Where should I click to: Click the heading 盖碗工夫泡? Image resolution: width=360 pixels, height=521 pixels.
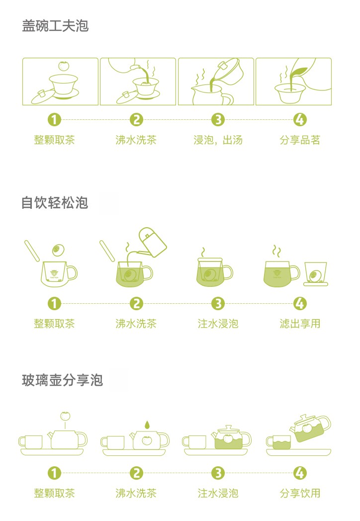coord(55,26)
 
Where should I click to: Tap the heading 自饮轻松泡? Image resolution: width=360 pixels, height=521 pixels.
coord(55,203)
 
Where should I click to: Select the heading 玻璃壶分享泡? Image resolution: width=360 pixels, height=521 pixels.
coord(62,380)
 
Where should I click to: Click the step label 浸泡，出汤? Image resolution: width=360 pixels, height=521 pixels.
coord(218,140)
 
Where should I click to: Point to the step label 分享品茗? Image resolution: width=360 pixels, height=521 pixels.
coord(300,140)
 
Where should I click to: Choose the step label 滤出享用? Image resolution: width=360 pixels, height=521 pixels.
coord(300,324)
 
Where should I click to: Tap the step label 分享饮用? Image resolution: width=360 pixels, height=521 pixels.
coord(300,493)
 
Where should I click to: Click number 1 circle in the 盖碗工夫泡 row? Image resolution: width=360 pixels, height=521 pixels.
coord(54,120)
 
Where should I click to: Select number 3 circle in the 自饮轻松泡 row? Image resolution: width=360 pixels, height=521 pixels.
coord(218,303)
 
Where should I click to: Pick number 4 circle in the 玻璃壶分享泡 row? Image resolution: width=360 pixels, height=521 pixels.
coord(300,473)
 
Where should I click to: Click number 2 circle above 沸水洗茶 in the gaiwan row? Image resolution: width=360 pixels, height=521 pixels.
coord(136,120)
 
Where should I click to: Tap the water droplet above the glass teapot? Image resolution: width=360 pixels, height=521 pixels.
coord(146,425)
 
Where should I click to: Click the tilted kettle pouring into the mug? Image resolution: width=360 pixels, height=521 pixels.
coord(152,242)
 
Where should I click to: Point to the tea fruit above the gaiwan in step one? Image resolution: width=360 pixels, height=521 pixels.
coord(63,66)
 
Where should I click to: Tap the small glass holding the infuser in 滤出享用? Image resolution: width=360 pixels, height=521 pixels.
coord(315,274)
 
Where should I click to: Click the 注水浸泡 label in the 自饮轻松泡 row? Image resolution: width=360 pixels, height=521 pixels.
coord(218,324)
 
